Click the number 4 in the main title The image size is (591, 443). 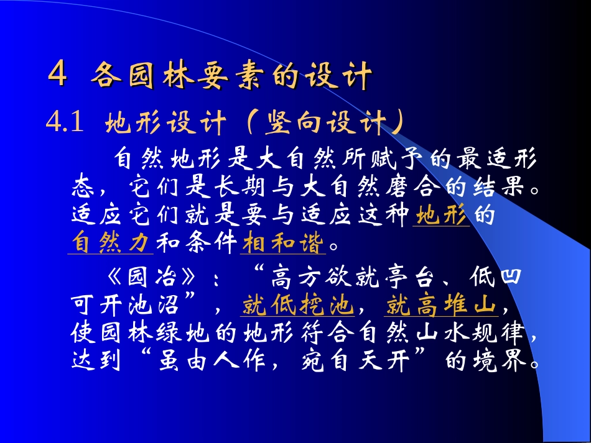(x=58, y=76)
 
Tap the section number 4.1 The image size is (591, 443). (x=65, y=124)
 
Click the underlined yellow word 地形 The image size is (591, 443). (x=441, y=216)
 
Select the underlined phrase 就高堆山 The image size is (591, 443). (x=441, y=306)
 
